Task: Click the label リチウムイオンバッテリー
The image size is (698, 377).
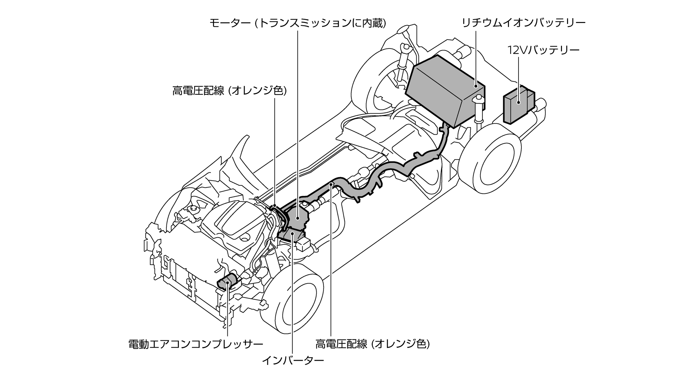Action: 524,23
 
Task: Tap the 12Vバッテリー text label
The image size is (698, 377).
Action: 543,50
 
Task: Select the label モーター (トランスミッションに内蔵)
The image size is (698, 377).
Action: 298,23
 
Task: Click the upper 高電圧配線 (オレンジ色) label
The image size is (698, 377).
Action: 229,91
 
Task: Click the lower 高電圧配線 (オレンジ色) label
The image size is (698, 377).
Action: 372,344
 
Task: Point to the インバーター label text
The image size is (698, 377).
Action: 293,361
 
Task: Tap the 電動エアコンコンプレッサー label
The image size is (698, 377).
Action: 196,344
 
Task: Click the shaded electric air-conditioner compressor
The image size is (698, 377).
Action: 227,283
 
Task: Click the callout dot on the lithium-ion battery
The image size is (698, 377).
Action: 476,86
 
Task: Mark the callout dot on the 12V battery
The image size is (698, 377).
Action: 518,102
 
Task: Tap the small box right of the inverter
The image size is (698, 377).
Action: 304,244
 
